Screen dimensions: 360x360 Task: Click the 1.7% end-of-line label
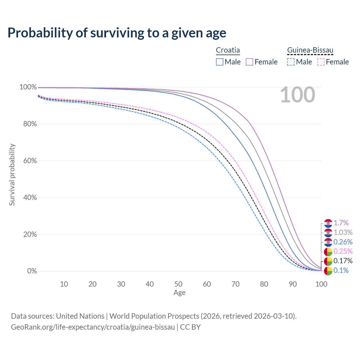point(341,223)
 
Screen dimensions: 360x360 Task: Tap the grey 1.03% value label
point(343,233)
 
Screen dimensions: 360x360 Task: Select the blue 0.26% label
point(343,242)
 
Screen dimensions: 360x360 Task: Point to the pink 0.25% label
point(343,251)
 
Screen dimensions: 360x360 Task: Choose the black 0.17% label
point(343,261)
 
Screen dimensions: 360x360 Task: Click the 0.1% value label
point(341,271)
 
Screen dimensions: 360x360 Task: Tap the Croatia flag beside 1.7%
point(328,223)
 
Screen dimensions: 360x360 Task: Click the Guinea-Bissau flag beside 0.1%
point(328,271)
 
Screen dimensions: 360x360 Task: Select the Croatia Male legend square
point(220,62)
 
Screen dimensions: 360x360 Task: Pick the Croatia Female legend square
point(249,62)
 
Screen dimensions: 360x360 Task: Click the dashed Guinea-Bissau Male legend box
point(291,62)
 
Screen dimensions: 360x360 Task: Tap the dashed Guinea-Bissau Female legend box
point(321,62)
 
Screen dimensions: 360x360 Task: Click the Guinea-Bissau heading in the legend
point(310,50)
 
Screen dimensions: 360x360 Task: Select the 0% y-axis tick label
point(32,271)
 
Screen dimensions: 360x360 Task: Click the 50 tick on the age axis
point(178,284)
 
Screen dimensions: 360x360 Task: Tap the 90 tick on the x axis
point(293,284)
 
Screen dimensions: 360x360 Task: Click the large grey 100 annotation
point(298,95)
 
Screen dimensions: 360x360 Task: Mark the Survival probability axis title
point(12,175)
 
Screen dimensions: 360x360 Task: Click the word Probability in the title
point(40,33)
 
